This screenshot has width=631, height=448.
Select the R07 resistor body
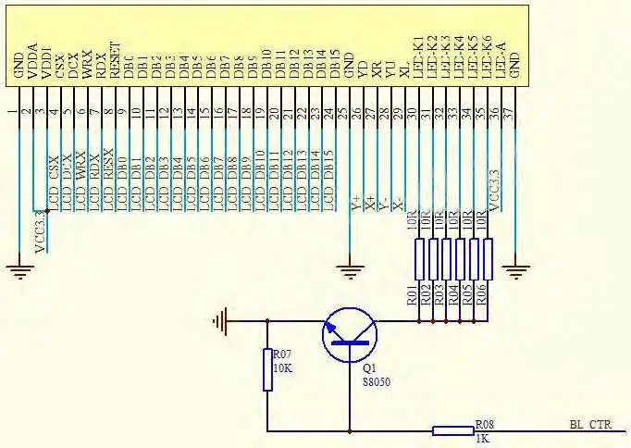tap(266, 369)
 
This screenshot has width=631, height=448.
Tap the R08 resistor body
tap(452, 430)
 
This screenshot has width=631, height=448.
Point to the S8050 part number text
tap(375, 380)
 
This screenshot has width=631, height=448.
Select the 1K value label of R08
tap(481, 438)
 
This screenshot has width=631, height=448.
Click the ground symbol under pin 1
tap(21, 270)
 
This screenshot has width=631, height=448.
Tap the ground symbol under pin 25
tap(349, 271)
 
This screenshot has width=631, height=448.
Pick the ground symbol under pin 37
tap(515, 270)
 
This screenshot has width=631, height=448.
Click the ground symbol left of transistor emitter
tap(219, 322)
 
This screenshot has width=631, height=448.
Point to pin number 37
tap(514, 112)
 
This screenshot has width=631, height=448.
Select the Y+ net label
tap(356, 203)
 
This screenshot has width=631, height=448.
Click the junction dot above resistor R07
tap(266, 322)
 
